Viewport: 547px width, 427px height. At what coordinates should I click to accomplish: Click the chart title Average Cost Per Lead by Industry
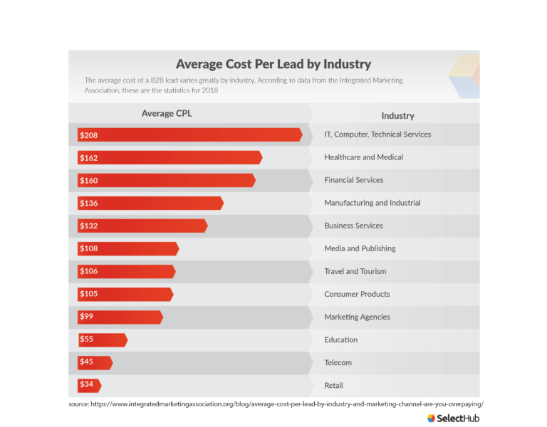pos(273,64)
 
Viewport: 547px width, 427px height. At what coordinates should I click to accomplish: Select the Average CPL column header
pos(166,113)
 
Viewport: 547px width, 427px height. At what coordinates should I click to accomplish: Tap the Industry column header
pos(397,115)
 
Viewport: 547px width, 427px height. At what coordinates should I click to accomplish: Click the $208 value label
pos(89,135)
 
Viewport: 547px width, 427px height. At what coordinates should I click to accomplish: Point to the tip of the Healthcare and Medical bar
pos(261,157)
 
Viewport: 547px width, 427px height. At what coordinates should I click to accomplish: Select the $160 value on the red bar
pos(89,180)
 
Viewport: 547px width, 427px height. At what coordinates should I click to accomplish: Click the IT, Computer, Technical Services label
pos(377,135)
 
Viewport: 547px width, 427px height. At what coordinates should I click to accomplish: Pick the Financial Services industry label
pos(353,180)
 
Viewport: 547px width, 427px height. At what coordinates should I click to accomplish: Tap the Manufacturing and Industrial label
pos(372,203)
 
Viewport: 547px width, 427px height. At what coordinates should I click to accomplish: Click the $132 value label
pos(89,226)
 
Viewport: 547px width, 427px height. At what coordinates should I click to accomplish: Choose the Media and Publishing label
pos(360,248)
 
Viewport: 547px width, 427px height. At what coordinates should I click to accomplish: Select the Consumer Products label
pos(357,294)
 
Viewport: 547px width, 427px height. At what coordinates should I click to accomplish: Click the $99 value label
pos(87,317)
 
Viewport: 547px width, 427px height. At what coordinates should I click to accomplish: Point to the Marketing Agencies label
pos(357,317)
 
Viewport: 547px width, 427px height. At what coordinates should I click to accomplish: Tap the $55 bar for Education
pos(103,339)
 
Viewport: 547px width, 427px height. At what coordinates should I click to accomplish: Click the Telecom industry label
pos(338,362)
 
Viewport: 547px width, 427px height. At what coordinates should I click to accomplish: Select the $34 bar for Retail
pos(89,385)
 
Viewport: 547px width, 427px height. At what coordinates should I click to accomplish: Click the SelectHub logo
pos(453,418)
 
